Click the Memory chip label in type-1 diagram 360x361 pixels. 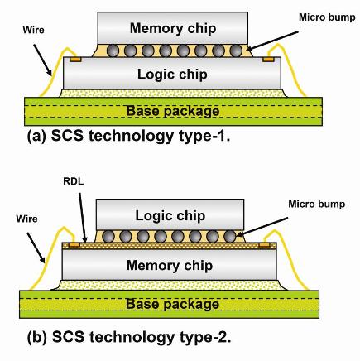pyautogui.click(x=173, y=29)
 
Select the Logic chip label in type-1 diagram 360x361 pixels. pyautogui.click(x=172, y=75)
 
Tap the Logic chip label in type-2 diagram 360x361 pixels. pyautogui.click(x=170, y=216)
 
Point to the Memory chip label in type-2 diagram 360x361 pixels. pyautogui.click(x=170, y=266)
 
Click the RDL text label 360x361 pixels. pyautogui.click(x=73, y=181)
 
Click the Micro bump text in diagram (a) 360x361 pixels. pyautogui.click(x=327, y=17)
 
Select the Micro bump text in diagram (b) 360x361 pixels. pyautogui.click(x=317, y=205)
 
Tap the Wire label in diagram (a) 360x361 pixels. pyautogui.click(x=33, y=30)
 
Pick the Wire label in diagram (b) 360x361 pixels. pyautogui.click(x=26, y=219)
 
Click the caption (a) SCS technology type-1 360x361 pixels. pyautogui.click(x=128, y=136)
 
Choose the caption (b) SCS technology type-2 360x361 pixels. pyautogui.click(x=129, y=337)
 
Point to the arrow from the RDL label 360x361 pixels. pyautogui.click(x=83, y=218)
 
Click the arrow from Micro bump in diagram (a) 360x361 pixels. pyautogui.click(x=272, y=41)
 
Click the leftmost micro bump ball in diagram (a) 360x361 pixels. pyautogui.click(x=113, y=51)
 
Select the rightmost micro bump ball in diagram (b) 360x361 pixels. pyautogui.click(x=229, y=237)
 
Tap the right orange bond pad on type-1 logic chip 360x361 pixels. pyautogui.click(x=268, y=60)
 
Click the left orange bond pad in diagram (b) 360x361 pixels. pyautogui.click(x=74, y=245)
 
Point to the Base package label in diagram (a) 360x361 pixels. pyautogui.click(x=173, y=111)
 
